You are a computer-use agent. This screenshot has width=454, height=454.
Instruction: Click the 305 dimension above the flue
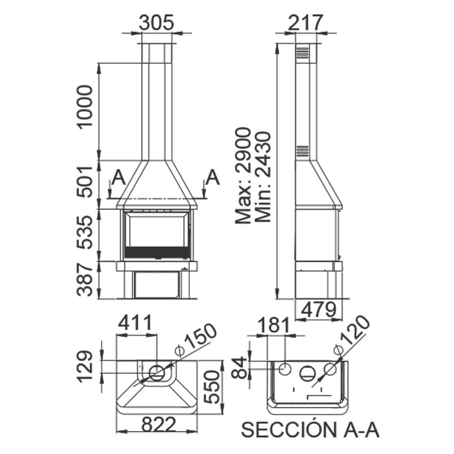(x=156, y=22)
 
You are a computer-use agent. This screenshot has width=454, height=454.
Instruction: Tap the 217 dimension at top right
(x=306, y=22)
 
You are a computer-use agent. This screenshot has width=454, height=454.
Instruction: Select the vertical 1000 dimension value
(x=85, y=107)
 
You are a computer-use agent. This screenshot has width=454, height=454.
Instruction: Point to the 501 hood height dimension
(x=85, y=182)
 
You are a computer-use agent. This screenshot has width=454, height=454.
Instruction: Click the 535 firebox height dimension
(x=85, y=232)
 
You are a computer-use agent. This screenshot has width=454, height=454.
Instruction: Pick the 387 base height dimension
(x=85, y=280)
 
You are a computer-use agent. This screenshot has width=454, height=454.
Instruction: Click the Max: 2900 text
(x=242, y=176)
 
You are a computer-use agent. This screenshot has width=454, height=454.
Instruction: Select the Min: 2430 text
(x=263, y=177)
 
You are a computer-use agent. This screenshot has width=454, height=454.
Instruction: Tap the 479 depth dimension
(x=319, y=309)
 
